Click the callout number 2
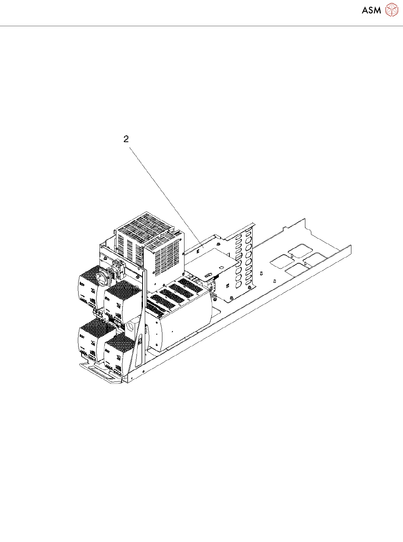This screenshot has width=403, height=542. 126,139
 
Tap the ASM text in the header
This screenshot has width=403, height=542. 371,10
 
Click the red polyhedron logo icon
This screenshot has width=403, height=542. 391,10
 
